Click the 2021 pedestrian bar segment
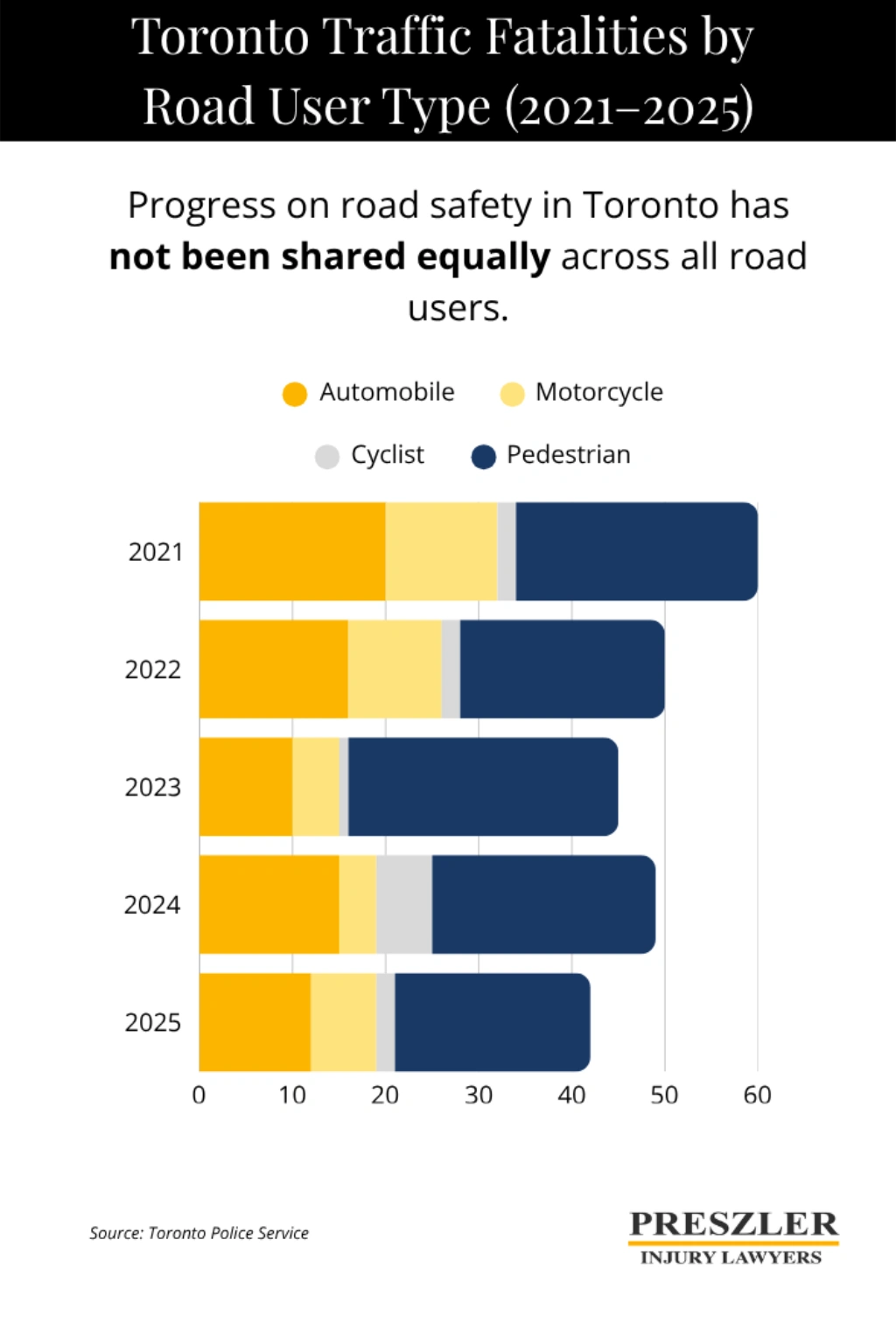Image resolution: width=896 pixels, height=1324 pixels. pos(636,551)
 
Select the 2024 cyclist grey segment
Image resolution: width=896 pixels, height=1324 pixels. pos(403,904)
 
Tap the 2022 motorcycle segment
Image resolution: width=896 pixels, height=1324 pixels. pos(395,669)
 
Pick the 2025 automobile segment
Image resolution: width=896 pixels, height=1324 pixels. pos(255,1022)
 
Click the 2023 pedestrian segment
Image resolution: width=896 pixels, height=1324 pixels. pos(483,786)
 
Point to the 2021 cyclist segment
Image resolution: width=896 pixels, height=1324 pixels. pos(507,551)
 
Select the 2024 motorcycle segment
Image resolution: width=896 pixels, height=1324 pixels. pos(357,904)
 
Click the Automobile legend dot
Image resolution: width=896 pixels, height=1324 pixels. pos(295,394)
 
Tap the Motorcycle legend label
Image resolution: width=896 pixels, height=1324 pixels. pos(598,392)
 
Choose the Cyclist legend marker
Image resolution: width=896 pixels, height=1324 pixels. pos(327,457)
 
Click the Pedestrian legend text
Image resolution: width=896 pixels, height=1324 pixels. pos(569,455)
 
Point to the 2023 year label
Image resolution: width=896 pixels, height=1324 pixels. pos(153,787)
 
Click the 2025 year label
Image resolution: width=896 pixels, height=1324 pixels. pos(153,1022)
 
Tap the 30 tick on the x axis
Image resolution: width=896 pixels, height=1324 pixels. pos(479,1095)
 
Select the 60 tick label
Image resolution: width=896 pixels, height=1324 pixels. pos(757,1095)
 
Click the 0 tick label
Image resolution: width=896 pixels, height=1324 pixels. pos(199,1095)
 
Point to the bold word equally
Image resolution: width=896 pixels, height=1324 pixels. pos(483,257)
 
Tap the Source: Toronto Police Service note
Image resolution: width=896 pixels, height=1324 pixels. pos(199,1233)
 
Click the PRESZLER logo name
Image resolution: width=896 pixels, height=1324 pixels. pos(733,1223)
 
